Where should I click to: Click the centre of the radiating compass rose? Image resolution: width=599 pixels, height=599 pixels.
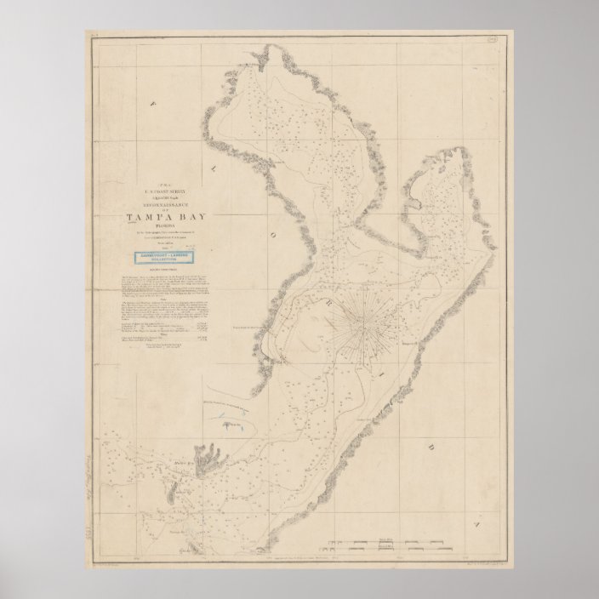click(x=364, y=321)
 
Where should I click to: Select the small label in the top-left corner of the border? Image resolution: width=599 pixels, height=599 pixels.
click(x=95, y=35)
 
